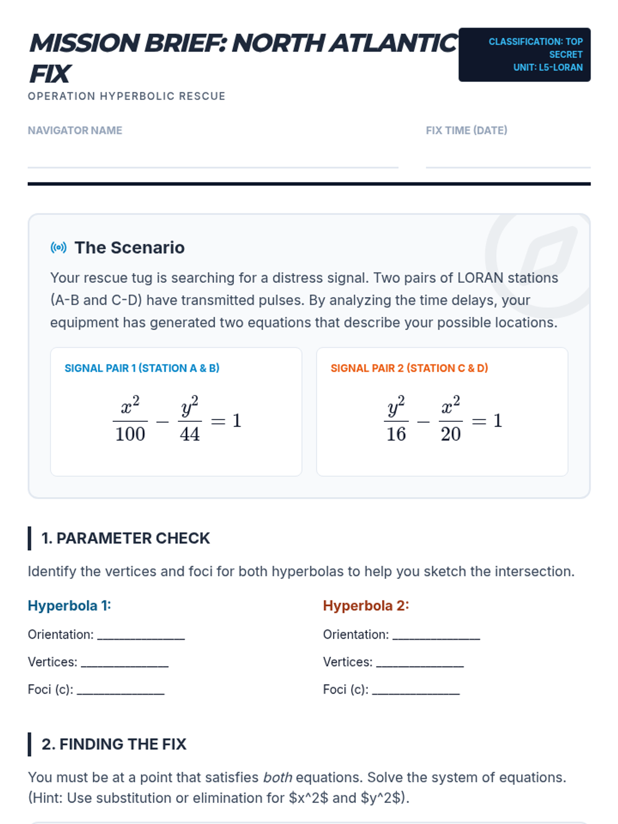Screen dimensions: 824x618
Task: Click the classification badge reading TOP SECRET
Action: click(524, 55)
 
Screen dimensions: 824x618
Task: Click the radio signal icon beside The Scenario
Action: click(59, 248)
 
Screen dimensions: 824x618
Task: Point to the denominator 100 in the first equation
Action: click(130, 434)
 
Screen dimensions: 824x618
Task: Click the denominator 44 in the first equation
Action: click(190, 434)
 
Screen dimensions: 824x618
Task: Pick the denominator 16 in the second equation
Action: click(396, 434)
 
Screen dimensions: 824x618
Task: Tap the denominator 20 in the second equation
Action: click(451, 434)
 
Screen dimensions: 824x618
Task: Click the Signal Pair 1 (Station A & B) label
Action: click(142, 368)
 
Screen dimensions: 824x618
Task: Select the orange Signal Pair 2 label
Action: click(409, 368)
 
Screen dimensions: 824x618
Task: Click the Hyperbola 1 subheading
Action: click(70, 606)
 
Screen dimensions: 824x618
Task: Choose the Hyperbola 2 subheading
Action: click(366, 606)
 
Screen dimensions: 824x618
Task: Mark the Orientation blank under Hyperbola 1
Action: click(141, 637)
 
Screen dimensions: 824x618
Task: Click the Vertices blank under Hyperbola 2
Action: click(420, 664)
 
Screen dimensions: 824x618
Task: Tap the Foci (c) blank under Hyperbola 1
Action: click(121, 691)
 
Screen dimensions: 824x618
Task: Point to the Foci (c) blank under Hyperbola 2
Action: click(416, 691)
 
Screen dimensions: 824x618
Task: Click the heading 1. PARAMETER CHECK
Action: click(126, 538)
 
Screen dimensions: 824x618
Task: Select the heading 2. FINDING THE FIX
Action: click(114, 744)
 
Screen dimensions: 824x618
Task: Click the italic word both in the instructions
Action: click(278, 777)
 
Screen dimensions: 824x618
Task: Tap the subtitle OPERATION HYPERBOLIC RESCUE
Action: click(127, 96)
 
